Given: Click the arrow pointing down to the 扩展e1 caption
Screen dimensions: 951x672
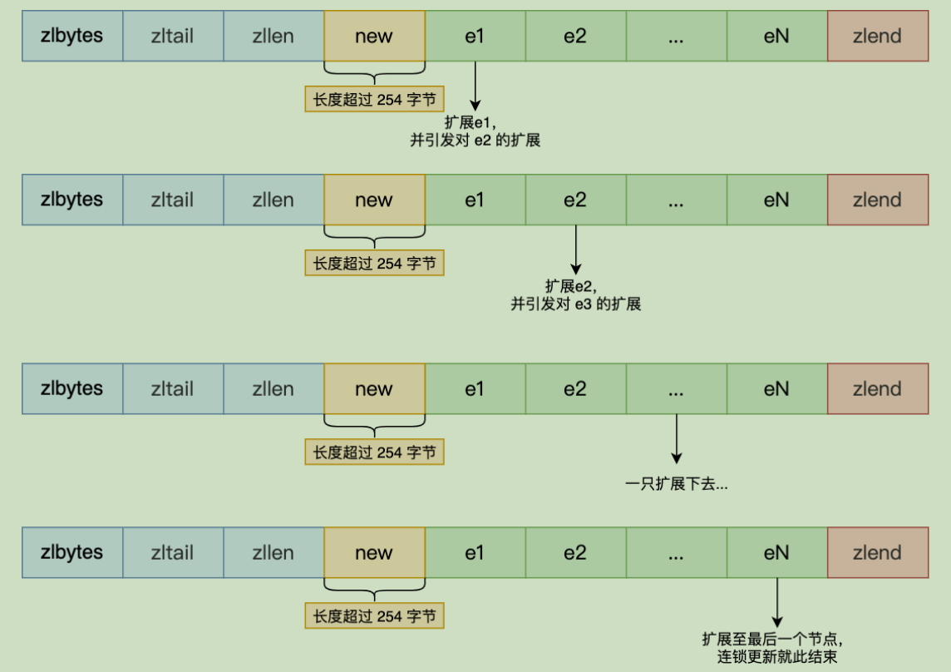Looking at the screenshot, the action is point(475,86).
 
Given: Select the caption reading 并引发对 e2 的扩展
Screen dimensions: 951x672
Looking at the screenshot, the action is point(475,141).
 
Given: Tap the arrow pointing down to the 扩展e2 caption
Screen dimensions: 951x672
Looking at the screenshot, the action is point(575,250).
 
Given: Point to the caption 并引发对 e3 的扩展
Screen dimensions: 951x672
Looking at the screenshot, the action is point(575,304).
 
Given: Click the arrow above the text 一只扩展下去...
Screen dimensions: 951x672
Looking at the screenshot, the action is point(676,439).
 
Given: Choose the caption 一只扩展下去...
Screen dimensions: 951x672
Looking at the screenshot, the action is point(676,484).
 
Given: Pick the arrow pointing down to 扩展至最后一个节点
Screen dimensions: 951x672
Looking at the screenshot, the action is point(777,603).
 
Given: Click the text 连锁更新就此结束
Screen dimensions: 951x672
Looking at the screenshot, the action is point(777,657).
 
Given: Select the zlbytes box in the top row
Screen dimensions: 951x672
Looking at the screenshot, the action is point(72,36).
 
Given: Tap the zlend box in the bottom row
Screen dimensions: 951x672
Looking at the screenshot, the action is point(878,552).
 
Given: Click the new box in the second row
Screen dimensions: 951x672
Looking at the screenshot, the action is point(374,200).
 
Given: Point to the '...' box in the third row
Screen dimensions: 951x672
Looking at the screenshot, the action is point(676,388).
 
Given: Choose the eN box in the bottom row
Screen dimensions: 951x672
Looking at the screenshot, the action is point(777,552).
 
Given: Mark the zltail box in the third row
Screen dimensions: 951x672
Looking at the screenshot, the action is point(173,388).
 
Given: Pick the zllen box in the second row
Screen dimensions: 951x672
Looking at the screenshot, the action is point(273,200).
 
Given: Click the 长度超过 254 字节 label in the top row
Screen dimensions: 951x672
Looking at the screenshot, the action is point(374,99).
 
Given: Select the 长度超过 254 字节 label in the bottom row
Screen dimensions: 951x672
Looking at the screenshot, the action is point(374,615).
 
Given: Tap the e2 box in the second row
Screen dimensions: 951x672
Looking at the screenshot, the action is point(575,200).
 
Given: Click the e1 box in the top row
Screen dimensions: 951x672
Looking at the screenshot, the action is point(475,36).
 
